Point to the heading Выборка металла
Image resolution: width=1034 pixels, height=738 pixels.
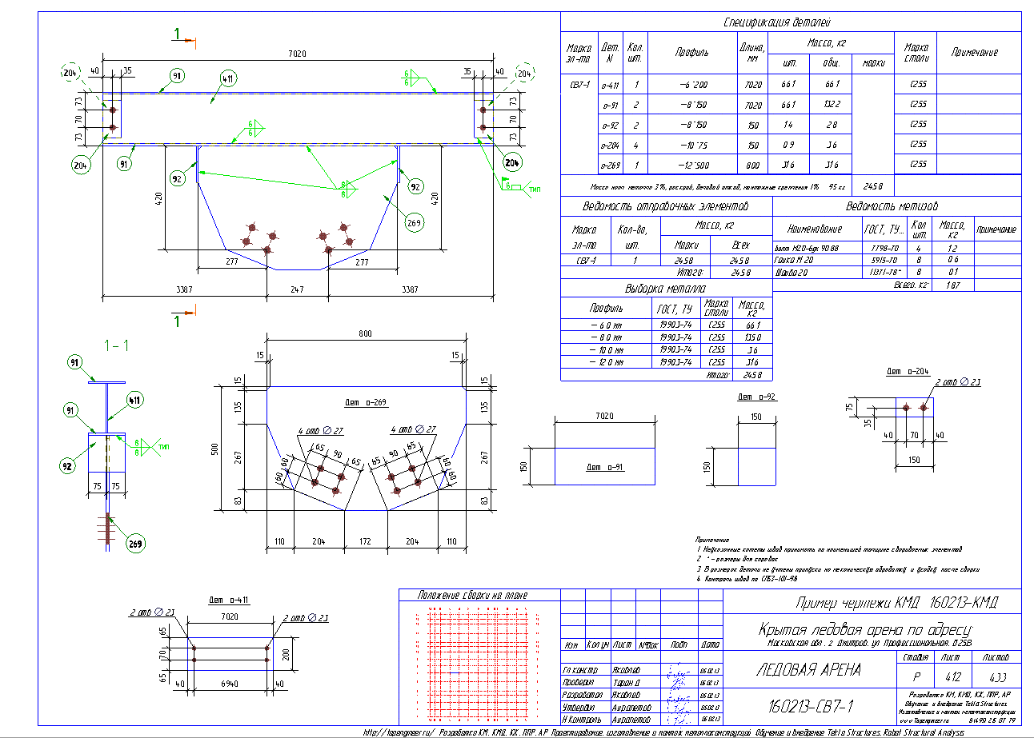click(665, 289)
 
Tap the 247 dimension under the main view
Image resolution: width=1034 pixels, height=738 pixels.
click(298, 289)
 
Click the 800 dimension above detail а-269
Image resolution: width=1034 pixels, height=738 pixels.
click(365, 333)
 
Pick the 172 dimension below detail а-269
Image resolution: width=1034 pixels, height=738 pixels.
click(366, 542)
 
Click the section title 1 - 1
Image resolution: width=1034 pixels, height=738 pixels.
click(118, 345)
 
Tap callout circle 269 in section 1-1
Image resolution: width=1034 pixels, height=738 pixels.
click(134, 544)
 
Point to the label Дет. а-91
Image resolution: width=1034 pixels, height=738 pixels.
click(604, 467)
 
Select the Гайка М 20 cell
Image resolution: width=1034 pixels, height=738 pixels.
click(795, 259)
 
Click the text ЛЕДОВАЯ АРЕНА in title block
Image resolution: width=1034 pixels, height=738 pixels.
click(808, 670)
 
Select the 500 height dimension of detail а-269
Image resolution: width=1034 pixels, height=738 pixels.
click(214, 449)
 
